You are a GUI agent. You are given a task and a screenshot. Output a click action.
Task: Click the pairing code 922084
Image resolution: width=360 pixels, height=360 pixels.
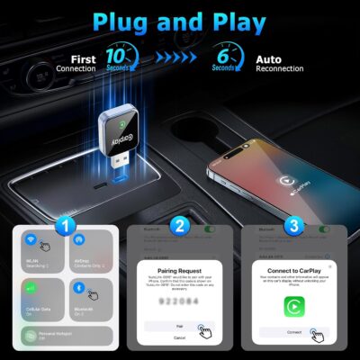[176, 303]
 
